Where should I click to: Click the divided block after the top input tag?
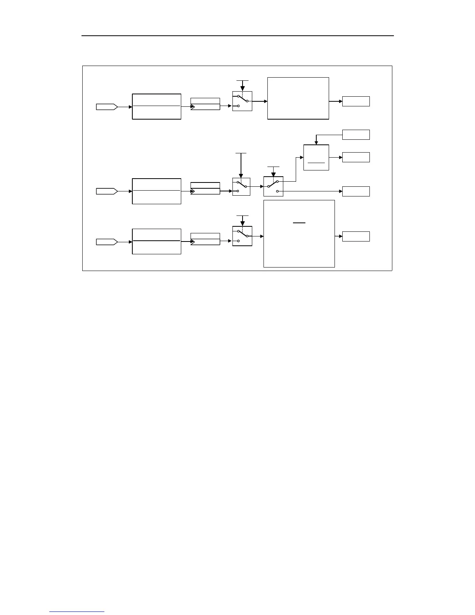pos(156,106)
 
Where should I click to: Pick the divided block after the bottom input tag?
pos(156,241)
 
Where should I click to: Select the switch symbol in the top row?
pos(242,101)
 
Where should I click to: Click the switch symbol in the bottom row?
pos(242,236)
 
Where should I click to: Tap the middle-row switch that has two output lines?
pos(273,186)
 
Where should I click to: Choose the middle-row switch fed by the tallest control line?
pos(241,187)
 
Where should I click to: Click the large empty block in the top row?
pos(298,98)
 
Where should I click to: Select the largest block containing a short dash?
pos(299,234)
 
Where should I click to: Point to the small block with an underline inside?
pos(316,157)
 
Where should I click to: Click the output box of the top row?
pos(356,101)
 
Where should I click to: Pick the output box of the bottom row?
pos(356,236)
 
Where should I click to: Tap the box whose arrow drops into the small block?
pos(356,135)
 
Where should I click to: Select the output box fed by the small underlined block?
pos(356,157)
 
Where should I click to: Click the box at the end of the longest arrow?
pos(356,191)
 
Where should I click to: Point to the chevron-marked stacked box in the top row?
pos(205,104)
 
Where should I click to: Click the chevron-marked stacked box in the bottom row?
pos(205,239)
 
